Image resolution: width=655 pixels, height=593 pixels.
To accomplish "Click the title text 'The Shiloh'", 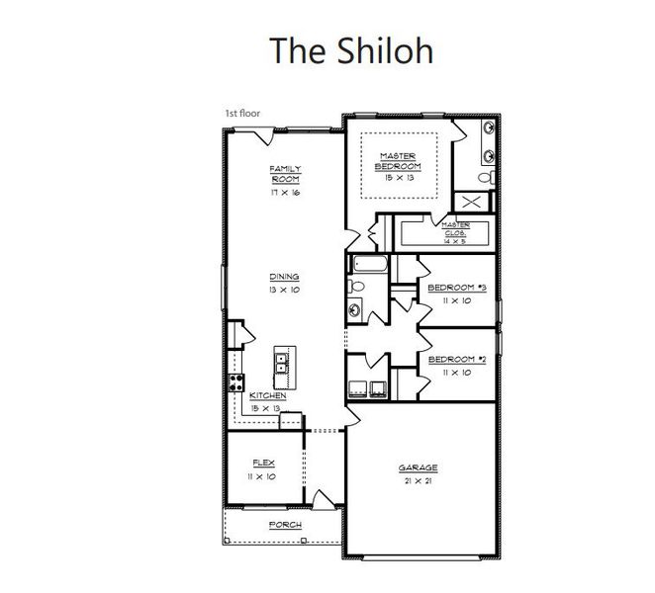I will coord(352,49).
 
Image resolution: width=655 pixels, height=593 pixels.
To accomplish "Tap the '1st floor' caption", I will coord(240,115).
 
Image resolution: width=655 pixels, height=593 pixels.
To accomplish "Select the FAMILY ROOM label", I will coord(285,174).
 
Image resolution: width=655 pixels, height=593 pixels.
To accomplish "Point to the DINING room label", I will coord(284,277).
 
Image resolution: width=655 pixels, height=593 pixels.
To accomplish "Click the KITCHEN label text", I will coord(266,395).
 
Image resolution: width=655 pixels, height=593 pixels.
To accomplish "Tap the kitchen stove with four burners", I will coord(236,383).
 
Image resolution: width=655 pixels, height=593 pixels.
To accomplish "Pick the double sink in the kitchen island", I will coord(281,364).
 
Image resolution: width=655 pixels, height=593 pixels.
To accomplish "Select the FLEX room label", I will coord(263,463).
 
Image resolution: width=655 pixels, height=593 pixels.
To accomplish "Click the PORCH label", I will coord(285,525).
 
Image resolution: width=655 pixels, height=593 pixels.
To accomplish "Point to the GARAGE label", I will coord(418,467).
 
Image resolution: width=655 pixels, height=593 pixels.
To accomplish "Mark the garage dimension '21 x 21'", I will coord(418,480).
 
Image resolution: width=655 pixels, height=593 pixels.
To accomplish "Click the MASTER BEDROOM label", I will coord(398,161).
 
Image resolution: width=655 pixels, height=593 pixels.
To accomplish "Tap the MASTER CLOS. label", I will coord(456,229).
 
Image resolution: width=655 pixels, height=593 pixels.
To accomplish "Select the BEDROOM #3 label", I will coord(456,288).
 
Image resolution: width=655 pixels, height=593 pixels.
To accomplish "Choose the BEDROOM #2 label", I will coord(456,360).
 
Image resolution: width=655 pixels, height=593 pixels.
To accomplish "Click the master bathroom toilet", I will coord(485,177).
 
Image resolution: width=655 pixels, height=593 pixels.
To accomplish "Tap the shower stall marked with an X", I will coord(472,203).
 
